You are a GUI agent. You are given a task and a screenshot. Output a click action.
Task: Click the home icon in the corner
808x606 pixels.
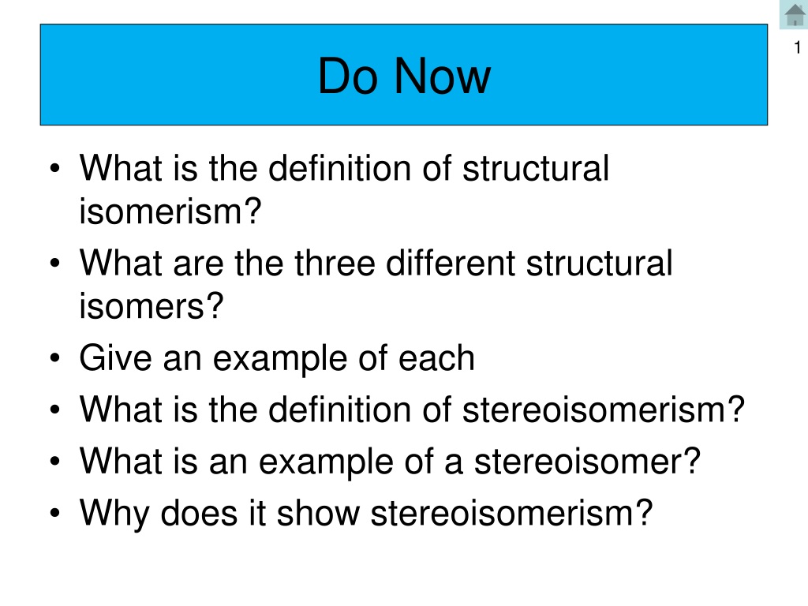coord(794,14)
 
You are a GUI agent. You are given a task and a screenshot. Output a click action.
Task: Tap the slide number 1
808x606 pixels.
coord(798,47)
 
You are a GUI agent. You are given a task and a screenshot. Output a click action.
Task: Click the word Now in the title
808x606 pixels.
coord(443,77)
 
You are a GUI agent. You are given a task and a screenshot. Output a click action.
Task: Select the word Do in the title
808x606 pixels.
coord(348,77)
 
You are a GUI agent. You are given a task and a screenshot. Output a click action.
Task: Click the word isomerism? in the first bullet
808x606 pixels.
coord(170,211)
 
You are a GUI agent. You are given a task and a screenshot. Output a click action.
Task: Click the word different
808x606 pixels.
coord(451,263)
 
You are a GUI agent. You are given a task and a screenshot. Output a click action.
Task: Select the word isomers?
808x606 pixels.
coord(151,306)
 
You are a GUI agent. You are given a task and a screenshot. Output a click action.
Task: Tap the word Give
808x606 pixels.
coord(115,357)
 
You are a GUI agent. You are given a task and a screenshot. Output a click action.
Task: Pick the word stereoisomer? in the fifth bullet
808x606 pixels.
coord(587,461)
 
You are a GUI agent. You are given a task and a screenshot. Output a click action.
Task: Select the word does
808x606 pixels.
coord(200,513)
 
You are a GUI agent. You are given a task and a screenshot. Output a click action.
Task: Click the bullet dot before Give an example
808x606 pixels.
coord(55,358)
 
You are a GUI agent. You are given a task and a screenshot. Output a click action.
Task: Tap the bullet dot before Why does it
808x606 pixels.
coord(55,513)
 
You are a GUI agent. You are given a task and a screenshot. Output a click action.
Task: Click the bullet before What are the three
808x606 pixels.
coord(55,264)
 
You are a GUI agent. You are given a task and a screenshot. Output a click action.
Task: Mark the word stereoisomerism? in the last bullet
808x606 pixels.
coord(511,513)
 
